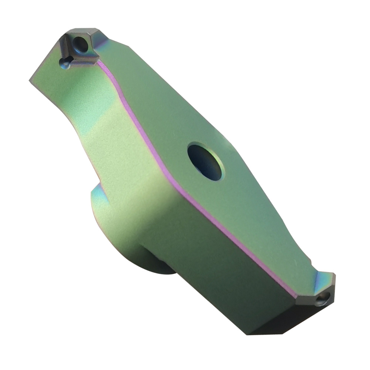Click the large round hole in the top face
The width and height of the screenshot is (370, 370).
[x=205, y=162]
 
